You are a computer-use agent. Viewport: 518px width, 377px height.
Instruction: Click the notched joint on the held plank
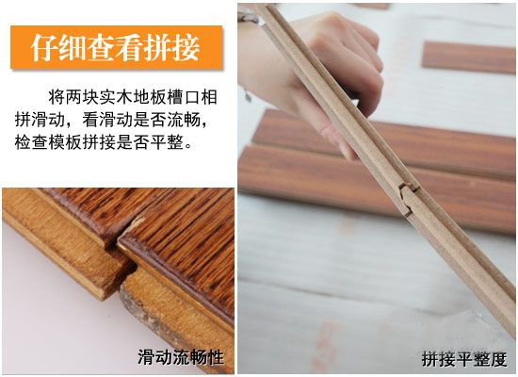pos(408,199)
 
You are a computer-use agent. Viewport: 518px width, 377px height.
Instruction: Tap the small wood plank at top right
pos(468,57)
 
